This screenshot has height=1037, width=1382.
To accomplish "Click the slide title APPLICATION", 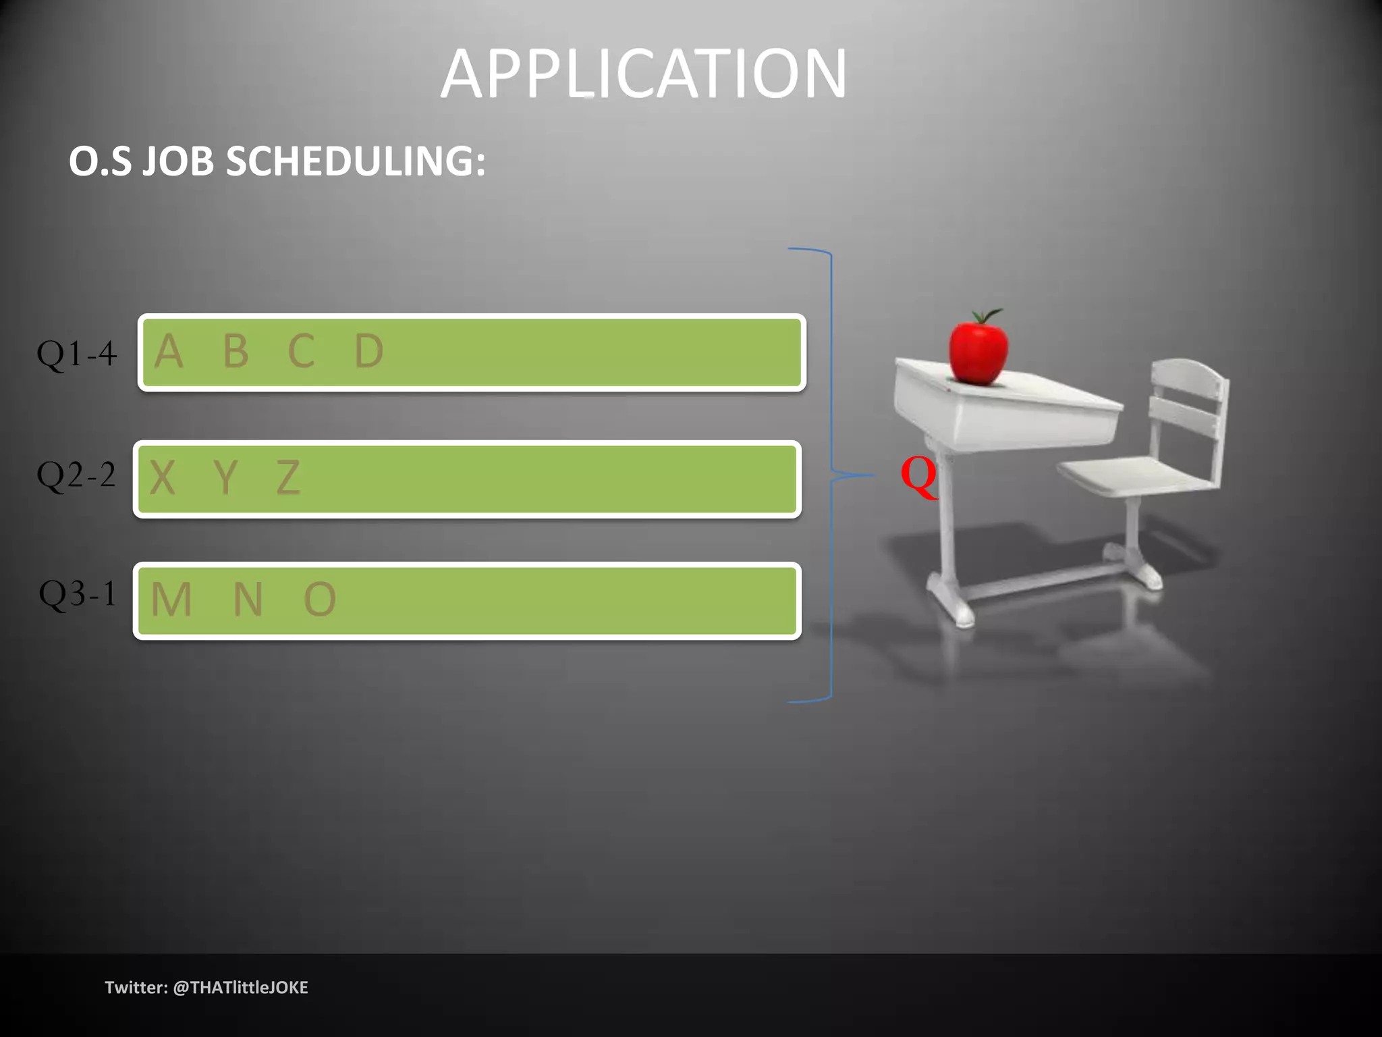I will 643,74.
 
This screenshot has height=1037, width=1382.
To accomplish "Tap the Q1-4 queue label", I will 76,354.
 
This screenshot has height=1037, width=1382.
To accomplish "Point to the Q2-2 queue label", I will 76,475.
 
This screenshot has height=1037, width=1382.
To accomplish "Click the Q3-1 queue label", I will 78,595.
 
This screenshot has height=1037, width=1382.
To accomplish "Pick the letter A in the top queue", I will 169,352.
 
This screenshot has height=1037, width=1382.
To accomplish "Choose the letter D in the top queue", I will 369,352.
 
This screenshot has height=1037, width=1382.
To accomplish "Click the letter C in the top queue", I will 301,352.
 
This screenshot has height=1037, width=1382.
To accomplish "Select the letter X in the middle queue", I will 162,478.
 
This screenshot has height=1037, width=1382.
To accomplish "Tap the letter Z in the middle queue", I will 288,478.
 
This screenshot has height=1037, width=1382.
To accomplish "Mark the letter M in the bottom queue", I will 171,600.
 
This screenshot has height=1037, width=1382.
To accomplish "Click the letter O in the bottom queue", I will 320,600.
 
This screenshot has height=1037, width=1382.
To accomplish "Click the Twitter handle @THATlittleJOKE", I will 240,988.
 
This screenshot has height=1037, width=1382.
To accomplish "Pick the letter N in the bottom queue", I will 248,600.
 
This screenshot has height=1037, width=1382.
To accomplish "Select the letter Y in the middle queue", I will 225,478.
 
